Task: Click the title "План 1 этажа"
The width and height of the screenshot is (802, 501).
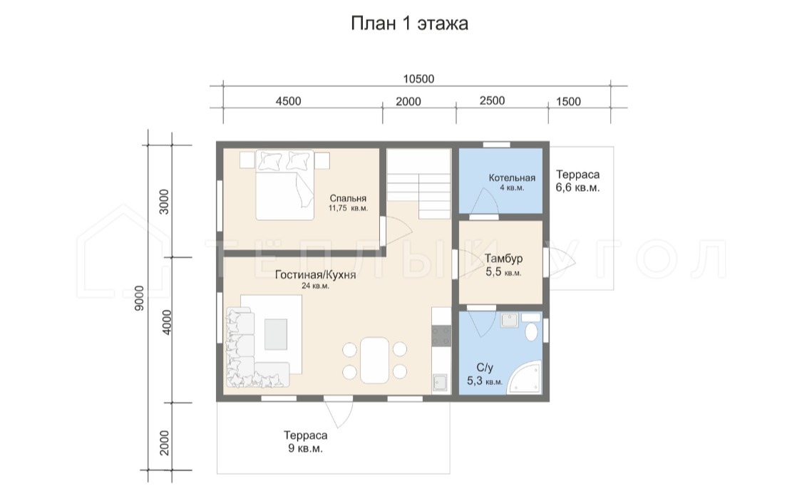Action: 409,24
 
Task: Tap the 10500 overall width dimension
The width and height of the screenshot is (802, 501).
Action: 418,78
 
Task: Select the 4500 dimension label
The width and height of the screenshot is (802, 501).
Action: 289,101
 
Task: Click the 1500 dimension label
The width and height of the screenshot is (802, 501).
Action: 568,101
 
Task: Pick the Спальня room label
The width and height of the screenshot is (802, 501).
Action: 348,198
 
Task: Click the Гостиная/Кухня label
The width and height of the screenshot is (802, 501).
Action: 316,274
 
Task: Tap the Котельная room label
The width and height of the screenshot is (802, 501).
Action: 512,178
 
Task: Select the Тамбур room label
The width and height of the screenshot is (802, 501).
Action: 504,259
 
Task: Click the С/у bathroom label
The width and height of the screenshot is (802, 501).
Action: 484,368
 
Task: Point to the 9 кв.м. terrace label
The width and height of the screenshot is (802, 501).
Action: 305,449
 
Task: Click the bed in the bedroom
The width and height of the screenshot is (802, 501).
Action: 285,185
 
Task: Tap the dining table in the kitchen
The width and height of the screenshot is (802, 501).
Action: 374,360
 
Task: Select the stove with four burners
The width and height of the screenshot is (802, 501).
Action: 441,336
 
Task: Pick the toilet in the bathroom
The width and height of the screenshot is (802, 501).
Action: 531,327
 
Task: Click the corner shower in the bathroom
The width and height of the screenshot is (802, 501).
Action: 524,378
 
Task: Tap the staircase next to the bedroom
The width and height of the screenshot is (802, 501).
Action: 418,184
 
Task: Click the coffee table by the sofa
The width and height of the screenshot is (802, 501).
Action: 276,334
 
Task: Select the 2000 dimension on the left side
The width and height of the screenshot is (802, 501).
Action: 164,443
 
